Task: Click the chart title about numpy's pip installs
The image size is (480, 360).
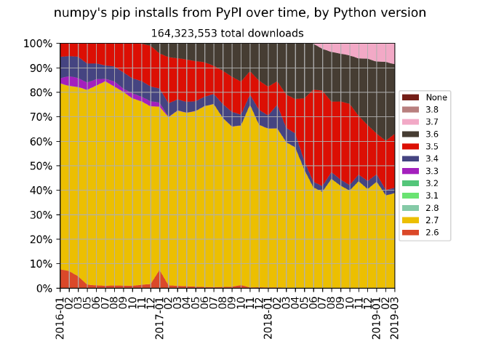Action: click(x=240, y=12)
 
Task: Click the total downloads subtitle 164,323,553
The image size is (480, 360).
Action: click(x=227, y=33)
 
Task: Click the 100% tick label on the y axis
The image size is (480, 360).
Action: click(x=39, y=44)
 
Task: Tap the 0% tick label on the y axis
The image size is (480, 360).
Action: click(x=44, y=289)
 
